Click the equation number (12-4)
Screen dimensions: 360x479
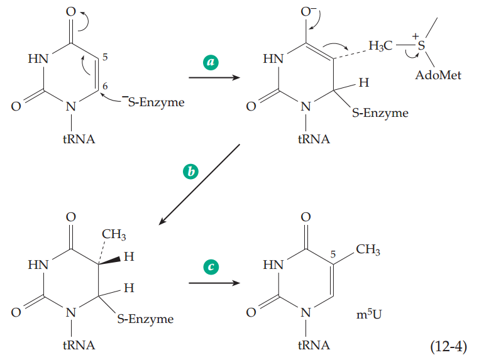pyautogui.click(x=449, y=346)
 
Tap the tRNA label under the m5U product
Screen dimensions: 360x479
pyautogui.click(x=305, y=345)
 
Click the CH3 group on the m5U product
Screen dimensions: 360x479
pyautogui.click(x=367, y=251)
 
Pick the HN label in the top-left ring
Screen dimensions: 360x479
pyautogui.click(x=38, y=60)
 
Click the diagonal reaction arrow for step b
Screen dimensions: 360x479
pyautogui.click(x=200, y=183)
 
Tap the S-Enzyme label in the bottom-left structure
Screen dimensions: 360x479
pyautogui.click(x=145, y=319)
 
